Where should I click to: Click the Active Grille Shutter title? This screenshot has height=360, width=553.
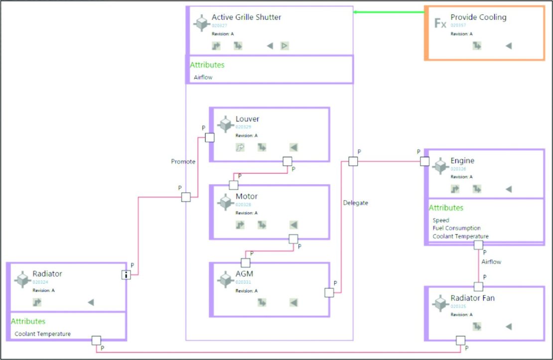[246, 17]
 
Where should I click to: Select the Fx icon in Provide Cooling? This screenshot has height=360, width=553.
[440, 23]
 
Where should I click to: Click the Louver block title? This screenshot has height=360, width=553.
[247, 119]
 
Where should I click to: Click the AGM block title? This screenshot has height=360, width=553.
[244, 274]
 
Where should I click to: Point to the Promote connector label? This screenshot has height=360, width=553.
[183, 161]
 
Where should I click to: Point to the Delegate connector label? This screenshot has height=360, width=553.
[355, 203]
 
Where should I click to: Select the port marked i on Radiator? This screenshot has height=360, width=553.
[126, 274]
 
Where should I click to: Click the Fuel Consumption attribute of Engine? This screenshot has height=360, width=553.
[456, 228]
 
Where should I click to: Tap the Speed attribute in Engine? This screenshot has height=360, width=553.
[440, 220]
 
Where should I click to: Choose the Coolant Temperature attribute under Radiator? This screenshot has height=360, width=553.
[42, 334]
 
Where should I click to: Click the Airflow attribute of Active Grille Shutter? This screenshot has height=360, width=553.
[203, 77]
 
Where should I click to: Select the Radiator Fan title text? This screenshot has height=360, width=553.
[472, 298]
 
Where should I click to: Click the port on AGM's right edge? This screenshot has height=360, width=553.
[329, 292]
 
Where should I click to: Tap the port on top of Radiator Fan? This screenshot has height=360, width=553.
[478, 286]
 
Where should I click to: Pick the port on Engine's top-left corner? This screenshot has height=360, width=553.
[424, 161]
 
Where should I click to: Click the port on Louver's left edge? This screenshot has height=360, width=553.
[210, 137]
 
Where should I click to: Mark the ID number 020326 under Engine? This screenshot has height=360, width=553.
[458, 169]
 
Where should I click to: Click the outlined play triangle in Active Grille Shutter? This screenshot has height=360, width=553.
[284, 46]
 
